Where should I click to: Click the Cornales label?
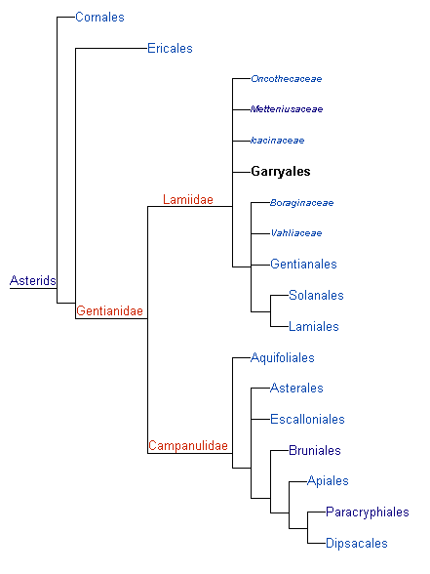[x=99, y=18]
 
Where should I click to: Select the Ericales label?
[x=170, y=49]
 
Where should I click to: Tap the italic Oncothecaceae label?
[x=287, y=79]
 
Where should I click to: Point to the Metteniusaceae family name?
[x=287, y=109]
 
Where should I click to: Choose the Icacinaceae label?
[x=278, y=141]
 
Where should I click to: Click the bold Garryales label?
[x=281, y=172]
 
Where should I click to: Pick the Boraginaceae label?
[x=301, y=203]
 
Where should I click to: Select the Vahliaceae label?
[x=296, y=233]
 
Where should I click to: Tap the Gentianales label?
[x=303, y=264]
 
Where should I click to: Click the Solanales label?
[x=316, y=295]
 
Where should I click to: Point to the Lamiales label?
[x=314, y=326]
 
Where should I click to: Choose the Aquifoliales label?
[x=283, y=357]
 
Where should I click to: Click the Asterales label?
[x=296, y=389]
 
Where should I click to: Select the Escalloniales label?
[x=307, y=419]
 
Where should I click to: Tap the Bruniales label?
[x=315, y=450]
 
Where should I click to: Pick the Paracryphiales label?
[x=368, y=512]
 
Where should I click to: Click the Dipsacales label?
[x=357, y=543]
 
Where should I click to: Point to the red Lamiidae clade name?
[x=188, y=199]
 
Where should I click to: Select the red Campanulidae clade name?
[x=188, y=446]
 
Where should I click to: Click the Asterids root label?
[x=33, y=280]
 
